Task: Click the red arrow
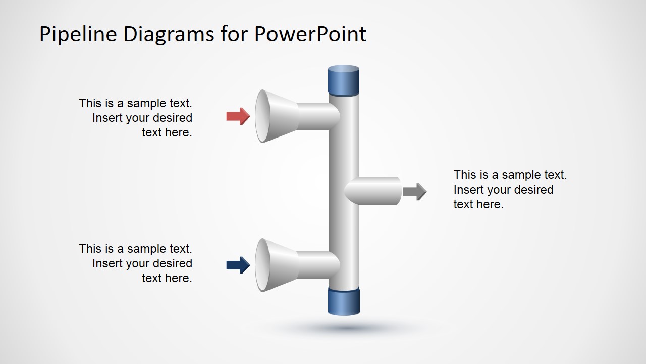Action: tap(238, 116)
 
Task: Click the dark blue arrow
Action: tap(238, 265)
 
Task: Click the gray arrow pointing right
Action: tap(414, 191)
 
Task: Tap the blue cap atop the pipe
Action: tap(344, 80)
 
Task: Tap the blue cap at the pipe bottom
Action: tap(344, 302)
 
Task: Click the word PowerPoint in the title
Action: tap(310, 34)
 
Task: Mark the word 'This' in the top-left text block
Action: tap(90, 103)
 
